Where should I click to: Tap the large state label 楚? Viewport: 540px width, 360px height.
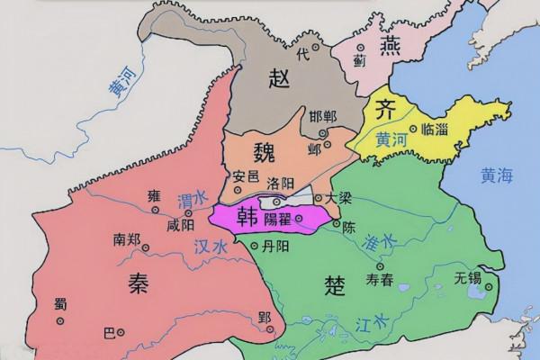click(x=334, y=286)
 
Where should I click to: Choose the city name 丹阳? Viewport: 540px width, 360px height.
click(x=275, y=245)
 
